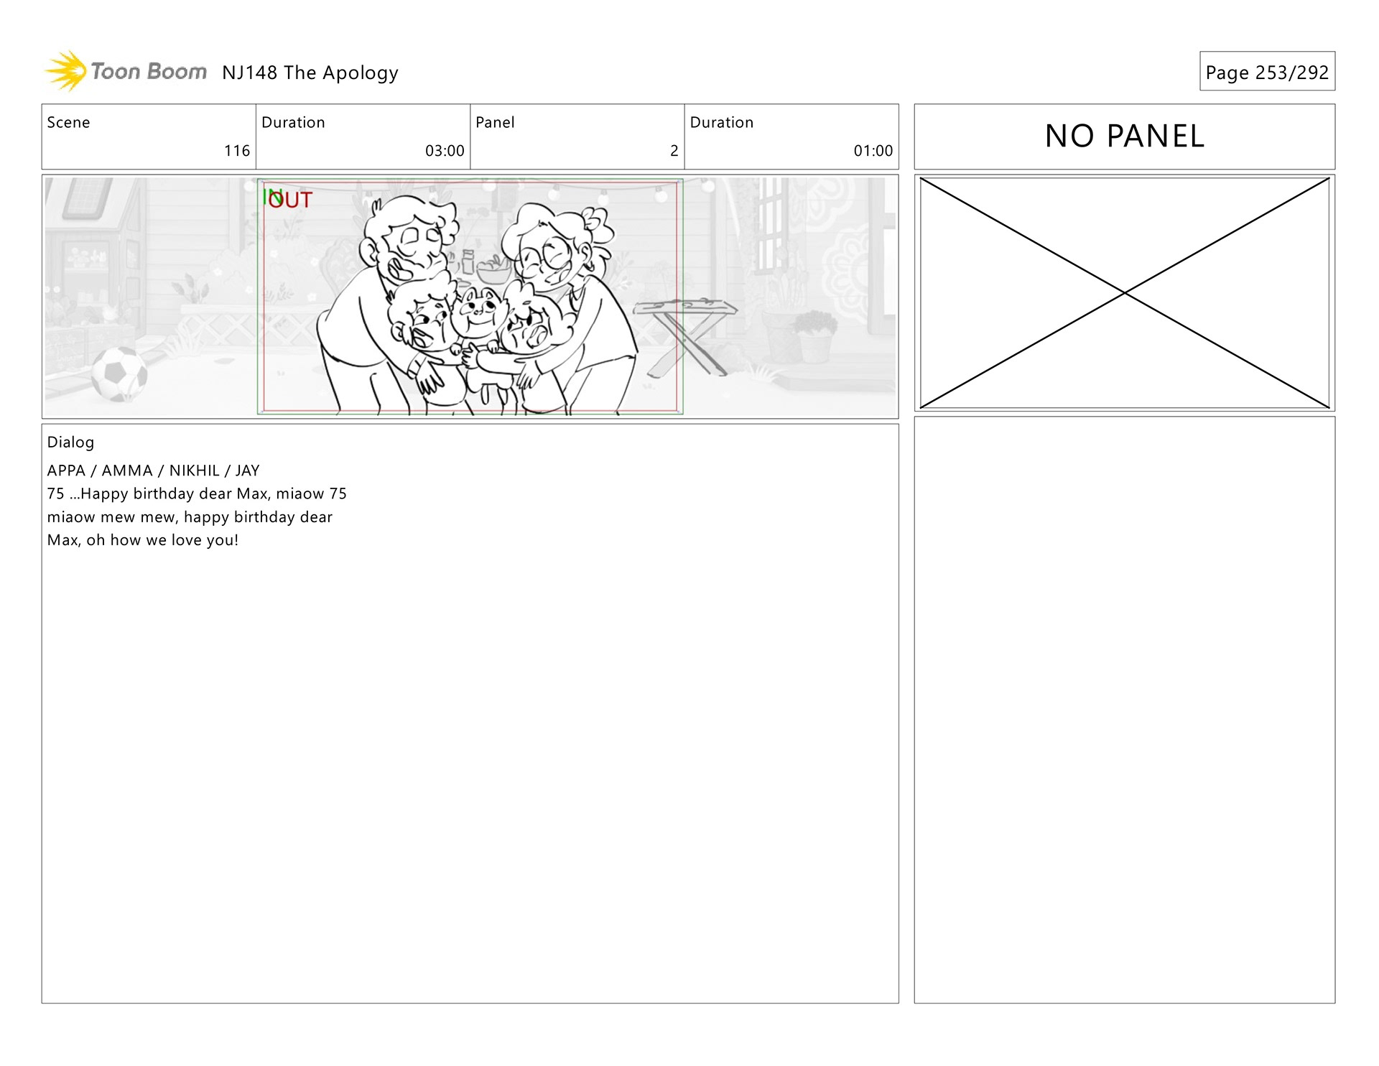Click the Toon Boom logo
pos(126,71)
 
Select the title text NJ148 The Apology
pos(310,73)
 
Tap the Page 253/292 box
pos(1267,71)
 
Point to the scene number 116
pos(237,151)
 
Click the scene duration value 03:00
pos(445,151)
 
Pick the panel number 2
pos(674,151)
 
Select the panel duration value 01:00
pos(873,151)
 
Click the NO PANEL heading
pos(1125,136)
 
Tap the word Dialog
pos(70,442)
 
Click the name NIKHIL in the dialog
pos(194,471)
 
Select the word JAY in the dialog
pos(247,471)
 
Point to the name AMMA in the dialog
pos(127,471)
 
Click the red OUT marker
pos(291,200)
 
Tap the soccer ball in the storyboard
pos(119,374)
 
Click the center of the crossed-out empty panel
pos(1125,293)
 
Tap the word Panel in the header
pos(495,122)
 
